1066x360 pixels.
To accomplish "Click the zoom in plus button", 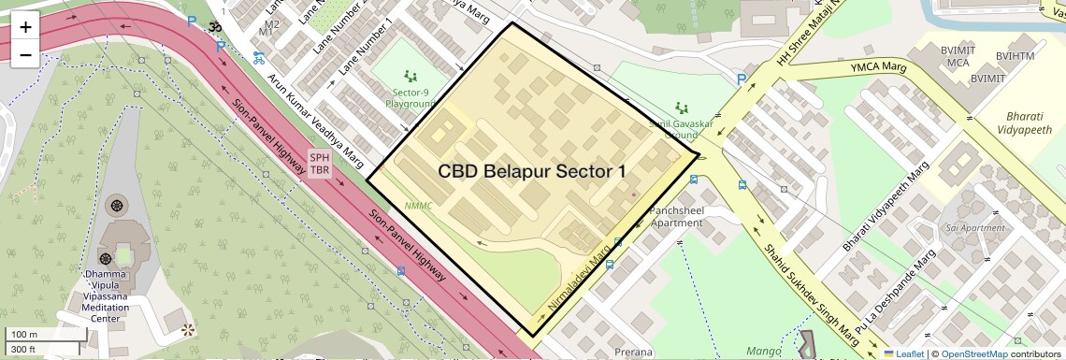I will (x=25, y=26).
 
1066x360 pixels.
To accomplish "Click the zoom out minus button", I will (x=25, y=55).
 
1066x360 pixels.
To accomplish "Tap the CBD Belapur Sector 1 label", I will (x=532, y=172).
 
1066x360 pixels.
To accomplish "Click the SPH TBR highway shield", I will (x=320, y=165).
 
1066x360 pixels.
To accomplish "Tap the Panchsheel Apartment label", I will (x=676, y=217).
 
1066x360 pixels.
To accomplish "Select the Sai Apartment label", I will (x=974, y=228).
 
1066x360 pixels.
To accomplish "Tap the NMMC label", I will (x=419, y=206).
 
